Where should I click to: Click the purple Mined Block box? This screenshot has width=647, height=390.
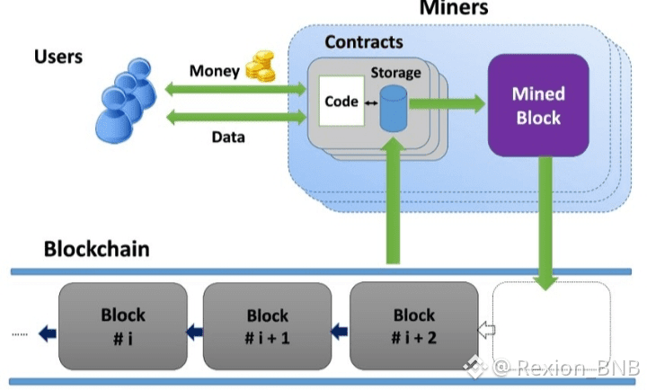click(x=537, y=105)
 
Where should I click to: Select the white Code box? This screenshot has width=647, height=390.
click(x=341, y=102)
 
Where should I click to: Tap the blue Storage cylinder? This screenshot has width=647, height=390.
click(x=392, y=109)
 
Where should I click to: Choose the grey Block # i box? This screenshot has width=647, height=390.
click(x=122, y=326)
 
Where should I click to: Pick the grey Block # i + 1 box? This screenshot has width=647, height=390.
click(x=267, y=326)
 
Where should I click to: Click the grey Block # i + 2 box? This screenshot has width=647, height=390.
click(x=413, y=326)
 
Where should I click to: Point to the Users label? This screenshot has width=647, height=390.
click(x=58, y=57)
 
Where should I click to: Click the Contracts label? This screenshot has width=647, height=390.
click(x=363, y=41)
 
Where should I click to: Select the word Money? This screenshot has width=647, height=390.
click(x=214, y=70)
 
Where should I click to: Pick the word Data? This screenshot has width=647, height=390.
click(x=228, y=137)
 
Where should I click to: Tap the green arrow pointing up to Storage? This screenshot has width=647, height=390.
click(x=392, y=205)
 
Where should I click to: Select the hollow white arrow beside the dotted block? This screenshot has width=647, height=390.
click(x=485, y=331)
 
